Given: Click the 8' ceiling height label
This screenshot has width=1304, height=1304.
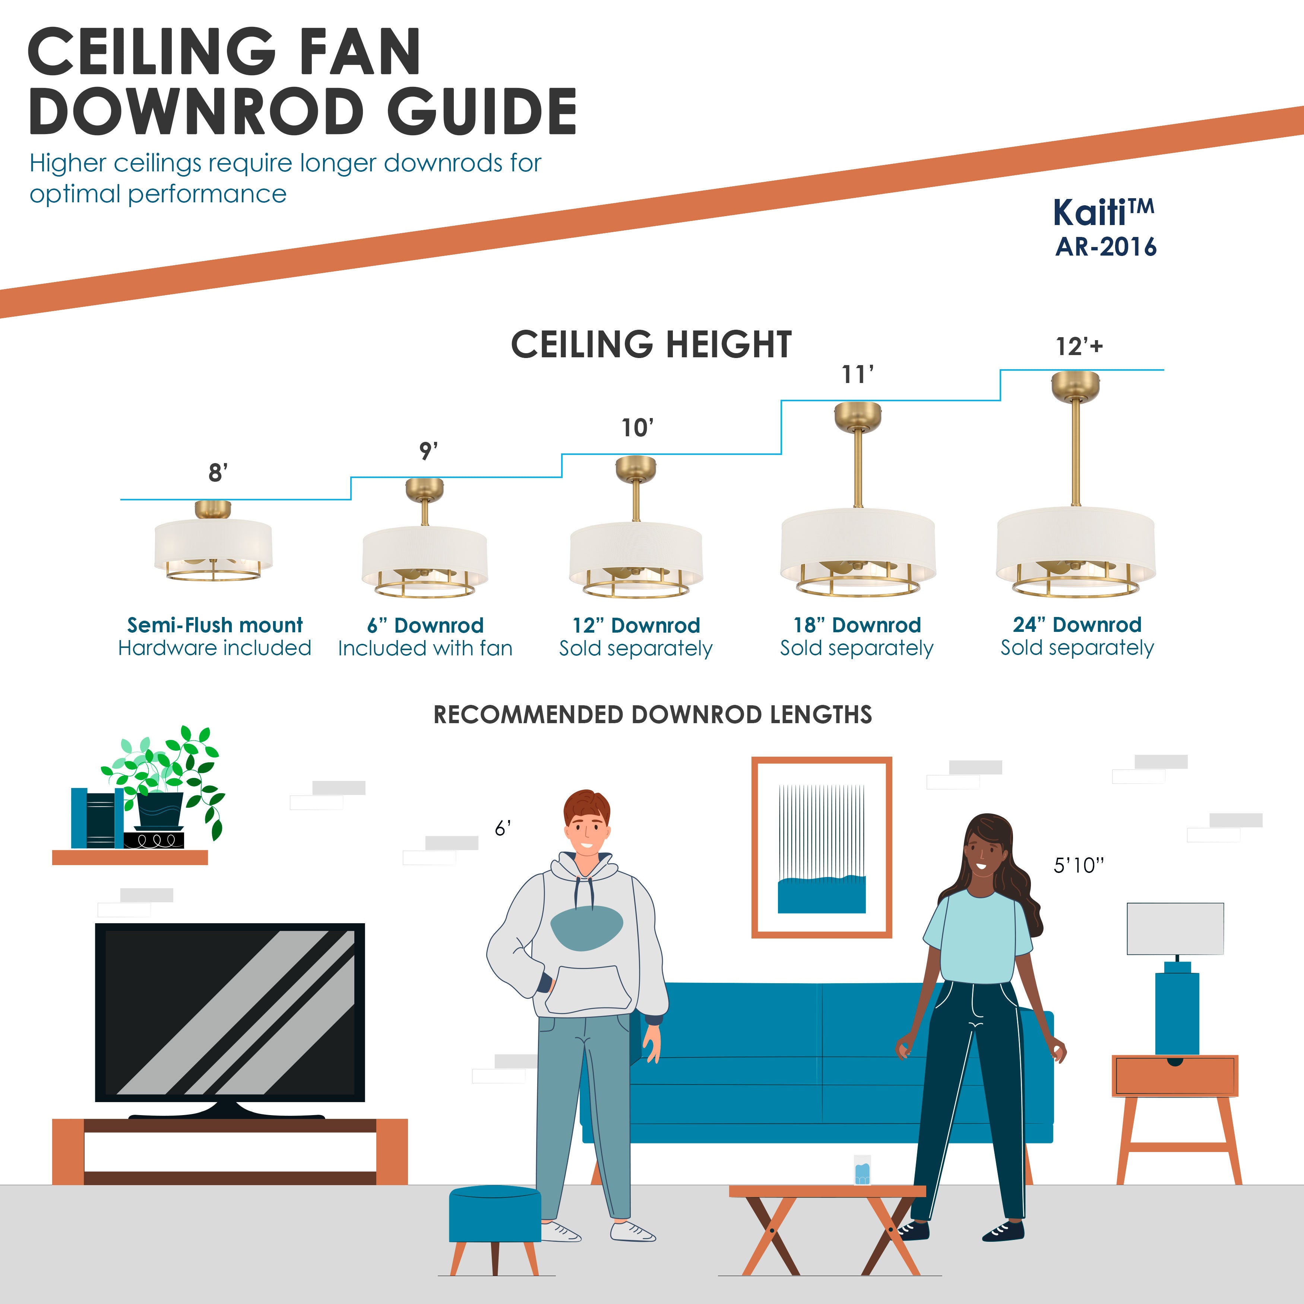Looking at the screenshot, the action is tap(217, 472).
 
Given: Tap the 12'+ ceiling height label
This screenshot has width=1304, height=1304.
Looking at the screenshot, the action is tap(1079, 346).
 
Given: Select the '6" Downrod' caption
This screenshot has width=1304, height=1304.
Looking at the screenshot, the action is tap(425, 625).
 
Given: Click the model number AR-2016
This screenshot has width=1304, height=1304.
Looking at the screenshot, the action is tap(1105, 247).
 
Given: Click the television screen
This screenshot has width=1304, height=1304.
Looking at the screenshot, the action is tap(230, 1012).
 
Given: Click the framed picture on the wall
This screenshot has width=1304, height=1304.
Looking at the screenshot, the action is tap(822, 847).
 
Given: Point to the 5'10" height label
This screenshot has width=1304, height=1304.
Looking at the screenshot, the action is tap(1079, 865).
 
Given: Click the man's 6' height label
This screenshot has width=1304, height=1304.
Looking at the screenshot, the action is tap(503, 828).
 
